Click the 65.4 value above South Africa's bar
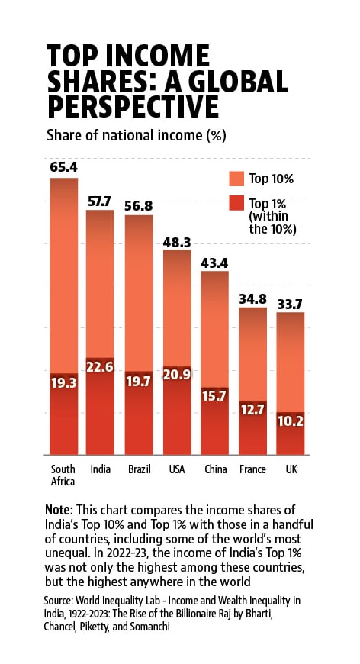coord(64,167)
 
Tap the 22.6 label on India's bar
coord(99,366)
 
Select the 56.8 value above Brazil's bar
coord(138,205)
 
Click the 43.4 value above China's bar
coord(214,264)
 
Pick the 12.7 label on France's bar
coord(253,410)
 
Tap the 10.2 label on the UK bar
coord(290,421)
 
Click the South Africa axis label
coord(63,475)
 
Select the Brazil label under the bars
coord(138,469)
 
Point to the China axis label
coord(215,469)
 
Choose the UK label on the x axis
coord(291,469)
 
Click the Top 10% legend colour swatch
coord(236,179)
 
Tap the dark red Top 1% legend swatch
coord(236,203)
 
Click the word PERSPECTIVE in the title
coord(133,106)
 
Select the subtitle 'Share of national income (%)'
coord(137,136)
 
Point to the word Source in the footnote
coord(58,601)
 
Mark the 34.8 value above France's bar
coord(253,300)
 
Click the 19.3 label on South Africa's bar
coord(64,383)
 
